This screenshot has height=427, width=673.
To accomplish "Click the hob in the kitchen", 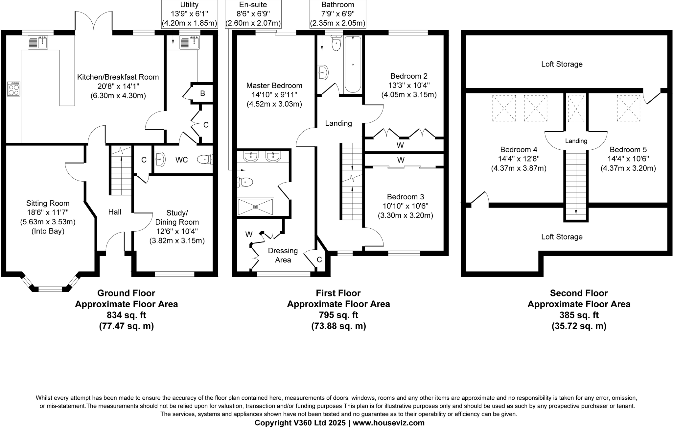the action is tap(13, 89).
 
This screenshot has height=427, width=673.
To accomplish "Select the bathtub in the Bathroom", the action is tap(353, 64).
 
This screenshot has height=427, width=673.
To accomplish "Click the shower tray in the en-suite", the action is tap(256, 207).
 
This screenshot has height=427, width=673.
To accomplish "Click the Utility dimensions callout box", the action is tap(190, 14).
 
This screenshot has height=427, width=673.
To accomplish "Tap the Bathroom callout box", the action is tap(337, 14).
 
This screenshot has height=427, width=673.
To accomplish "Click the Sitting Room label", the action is tap(48, 203).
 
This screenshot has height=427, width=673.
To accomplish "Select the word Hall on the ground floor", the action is tap(115, 212).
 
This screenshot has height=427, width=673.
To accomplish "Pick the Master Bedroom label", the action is tap(274, 86).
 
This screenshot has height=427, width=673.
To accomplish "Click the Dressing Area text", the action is tap(283, 255).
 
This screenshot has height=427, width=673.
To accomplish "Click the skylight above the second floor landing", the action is tap(576, 109).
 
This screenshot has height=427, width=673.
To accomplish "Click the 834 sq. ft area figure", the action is tap(127, 315).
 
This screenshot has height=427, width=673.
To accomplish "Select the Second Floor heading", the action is tap(579, 293).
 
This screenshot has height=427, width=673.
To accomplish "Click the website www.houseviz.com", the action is tap(389, 423).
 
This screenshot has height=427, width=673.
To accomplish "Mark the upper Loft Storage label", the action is tap(562, 64).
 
